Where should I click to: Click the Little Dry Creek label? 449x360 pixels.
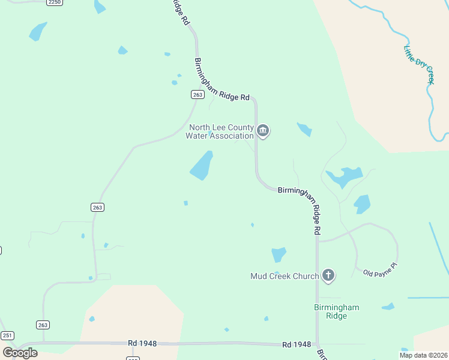[419, 65]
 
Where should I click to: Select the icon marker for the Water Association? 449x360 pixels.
[263, 131]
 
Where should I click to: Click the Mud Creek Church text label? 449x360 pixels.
[285, 276]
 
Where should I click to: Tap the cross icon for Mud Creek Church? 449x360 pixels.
[328, 275]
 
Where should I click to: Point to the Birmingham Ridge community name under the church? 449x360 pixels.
[337, 311]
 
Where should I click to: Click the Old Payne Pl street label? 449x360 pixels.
[381, 268]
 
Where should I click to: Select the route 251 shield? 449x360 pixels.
[7, 335]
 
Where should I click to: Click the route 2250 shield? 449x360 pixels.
[55, 2]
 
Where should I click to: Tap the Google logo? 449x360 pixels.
[20, 352]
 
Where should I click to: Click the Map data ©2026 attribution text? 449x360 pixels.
[423, 355]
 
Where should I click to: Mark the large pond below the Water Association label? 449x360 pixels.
[202, 166]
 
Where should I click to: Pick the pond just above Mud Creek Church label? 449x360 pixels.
[279, 254]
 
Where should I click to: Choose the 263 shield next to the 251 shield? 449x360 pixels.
[43, 325]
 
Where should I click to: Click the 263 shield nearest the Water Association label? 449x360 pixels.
[197, 94]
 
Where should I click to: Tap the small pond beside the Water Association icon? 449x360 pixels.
[304, 129]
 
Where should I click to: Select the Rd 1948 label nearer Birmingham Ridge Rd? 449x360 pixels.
[297, 344]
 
